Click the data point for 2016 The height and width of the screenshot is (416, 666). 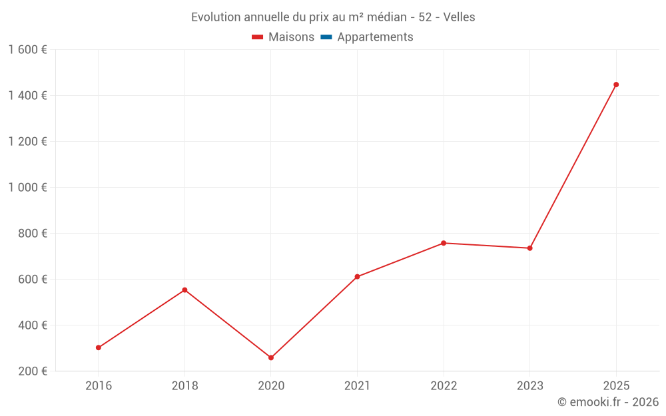tap(99, 347)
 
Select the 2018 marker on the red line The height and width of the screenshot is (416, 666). tap(184, 290)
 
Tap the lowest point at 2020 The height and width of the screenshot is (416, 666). tap(271, 357)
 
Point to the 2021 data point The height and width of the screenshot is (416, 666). tap(357, 276)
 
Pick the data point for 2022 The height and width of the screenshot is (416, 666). tap(444, 243)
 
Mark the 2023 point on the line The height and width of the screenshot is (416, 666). tap(529, 248)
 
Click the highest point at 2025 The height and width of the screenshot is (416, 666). tap(616, 85)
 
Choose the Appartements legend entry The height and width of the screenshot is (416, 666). tap(375, 37)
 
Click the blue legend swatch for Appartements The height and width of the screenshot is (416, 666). tap(326, 37)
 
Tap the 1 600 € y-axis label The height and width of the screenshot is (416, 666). tap(28, 50)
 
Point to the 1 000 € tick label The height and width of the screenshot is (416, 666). tap(28, 188)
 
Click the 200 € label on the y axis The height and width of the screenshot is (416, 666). tap(33, 371)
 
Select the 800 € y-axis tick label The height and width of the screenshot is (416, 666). tap(33, 234)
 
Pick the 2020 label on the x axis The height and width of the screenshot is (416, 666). tap(271, 386)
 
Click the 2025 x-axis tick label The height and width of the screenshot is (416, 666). tap(616, 386)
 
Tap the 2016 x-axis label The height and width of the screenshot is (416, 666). tap(99, 386)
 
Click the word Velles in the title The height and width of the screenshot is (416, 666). tap(459, 17)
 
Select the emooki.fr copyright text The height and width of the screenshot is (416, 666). tap(608, 402)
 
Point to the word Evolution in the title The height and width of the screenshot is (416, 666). tap(214, 17)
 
